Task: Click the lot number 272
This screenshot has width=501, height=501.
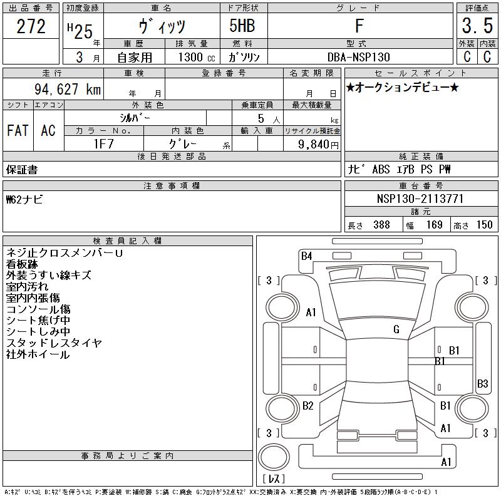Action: [x=31, y=26]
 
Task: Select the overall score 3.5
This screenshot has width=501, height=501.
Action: [x=477, y=26]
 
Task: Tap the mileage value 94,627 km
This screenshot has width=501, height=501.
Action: [x=68, y=89]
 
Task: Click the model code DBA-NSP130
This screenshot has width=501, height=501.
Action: [x=359, y=57]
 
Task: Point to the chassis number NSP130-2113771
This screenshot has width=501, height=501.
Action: [x=420, y=199]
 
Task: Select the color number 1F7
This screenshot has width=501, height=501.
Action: [x=103, y=144]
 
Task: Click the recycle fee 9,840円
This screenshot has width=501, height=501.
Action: [x=318, y=145]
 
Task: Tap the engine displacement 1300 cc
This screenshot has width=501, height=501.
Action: [x=197, y=57]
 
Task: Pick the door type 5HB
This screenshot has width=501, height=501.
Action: [x=242, y=26]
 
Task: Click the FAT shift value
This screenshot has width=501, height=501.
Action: [x=18, y=130]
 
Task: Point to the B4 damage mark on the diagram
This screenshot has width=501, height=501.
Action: [x=306, y=256]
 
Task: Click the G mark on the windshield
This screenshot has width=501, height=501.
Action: [x=396, y=329]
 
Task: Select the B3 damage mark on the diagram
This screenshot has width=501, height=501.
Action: [x=482, y=383]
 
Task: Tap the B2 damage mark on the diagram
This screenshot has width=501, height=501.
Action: [x=307, y=406]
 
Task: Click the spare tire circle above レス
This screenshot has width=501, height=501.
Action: [x=274, y=457]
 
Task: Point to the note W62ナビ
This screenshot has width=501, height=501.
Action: [x=24, y=200]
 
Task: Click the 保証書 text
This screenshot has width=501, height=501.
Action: [x=22, y=170]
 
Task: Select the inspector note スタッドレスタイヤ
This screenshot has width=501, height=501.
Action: [x=54, y=343]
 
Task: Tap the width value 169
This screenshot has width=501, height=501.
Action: [x=434, y=225]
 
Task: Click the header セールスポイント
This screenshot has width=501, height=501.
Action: [x=421, y=73]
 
